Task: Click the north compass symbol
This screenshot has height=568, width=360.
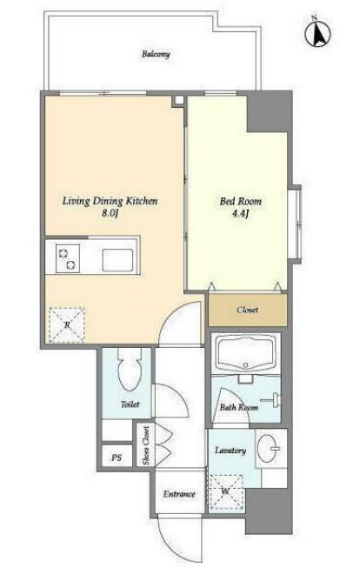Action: (317, 33)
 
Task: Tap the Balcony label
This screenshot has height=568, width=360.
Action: (156, 54)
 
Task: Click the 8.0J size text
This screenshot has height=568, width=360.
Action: (110, 213)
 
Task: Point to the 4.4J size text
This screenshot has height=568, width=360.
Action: (240, 213)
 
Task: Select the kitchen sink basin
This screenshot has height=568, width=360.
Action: (117, 260)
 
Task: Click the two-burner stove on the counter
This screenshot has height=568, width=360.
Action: (68, 258)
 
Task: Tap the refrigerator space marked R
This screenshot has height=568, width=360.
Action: (67, 325)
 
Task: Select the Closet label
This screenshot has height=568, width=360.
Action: (248, 310)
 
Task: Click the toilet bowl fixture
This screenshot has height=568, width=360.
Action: (130, 369)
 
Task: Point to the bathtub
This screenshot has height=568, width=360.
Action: (245, 353)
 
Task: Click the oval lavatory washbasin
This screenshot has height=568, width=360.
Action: (268, 449)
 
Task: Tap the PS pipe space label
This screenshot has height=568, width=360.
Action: (117, 458)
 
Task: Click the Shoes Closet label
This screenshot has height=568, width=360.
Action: (145, 445)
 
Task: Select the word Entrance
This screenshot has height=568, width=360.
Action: (179, 494)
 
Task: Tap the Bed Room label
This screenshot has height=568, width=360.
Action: (241, 201)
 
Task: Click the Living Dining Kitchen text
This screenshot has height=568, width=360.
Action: (110, 201)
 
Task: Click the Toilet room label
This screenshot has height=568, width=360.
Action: (130, 404)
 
